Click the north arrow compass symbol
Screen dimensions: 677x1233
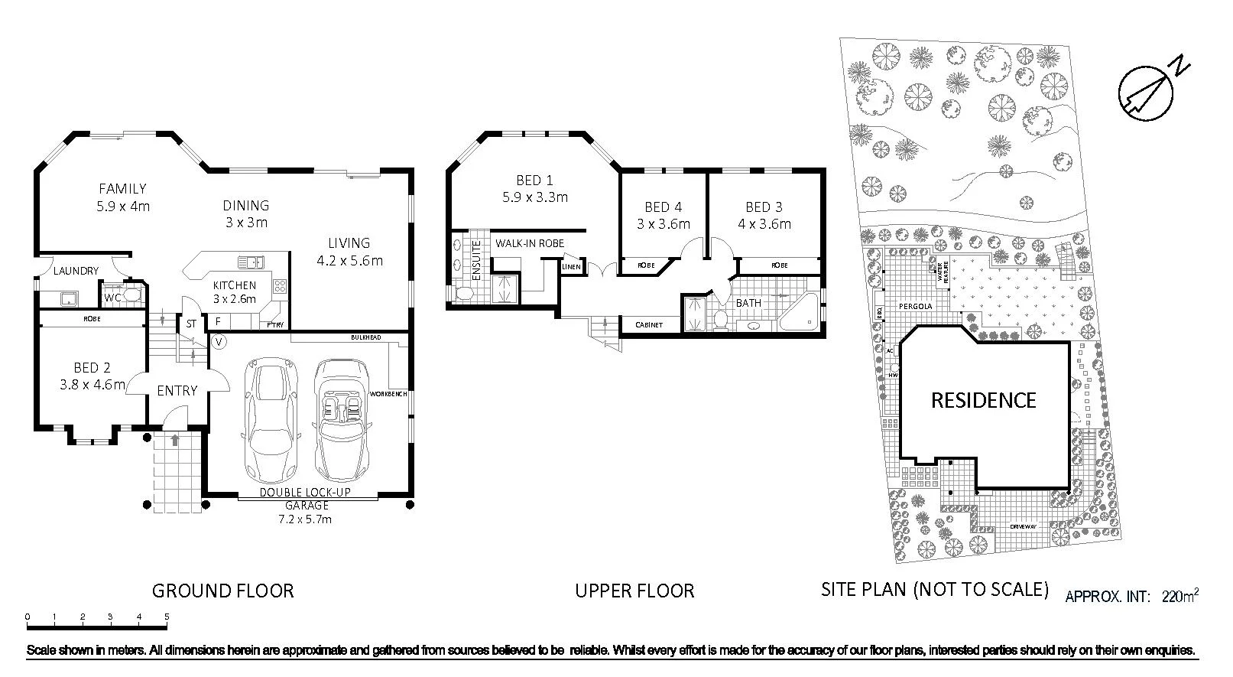point(1146,91)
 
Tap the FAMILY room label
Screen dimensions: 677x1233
point(122,188)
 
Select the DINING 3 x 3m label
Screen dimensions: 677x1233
point(246,213)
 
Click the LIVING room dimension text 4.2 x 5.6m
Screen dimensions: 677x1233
point(349,260)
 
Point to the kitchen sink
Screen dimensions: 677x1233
point(250,262)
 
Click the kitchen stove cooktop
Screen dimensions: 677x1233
point(279,288)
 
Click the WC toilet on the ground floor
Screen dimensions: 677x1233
point(133,294)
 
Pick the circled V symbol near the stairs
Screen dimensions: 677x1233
point(219,341)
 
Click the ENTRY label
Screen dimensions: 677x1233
point(177,390)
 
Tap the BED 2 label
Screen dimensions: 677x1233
point(92,367)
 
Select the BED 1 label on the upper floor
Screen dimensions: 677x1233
point(534,181)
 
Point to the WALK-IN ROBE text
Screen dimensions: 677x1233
point(530,243)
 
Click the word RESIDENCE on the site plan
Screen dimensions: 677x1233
point(983,400)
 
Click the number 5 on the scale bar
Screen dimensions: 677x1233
point(166,617)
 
